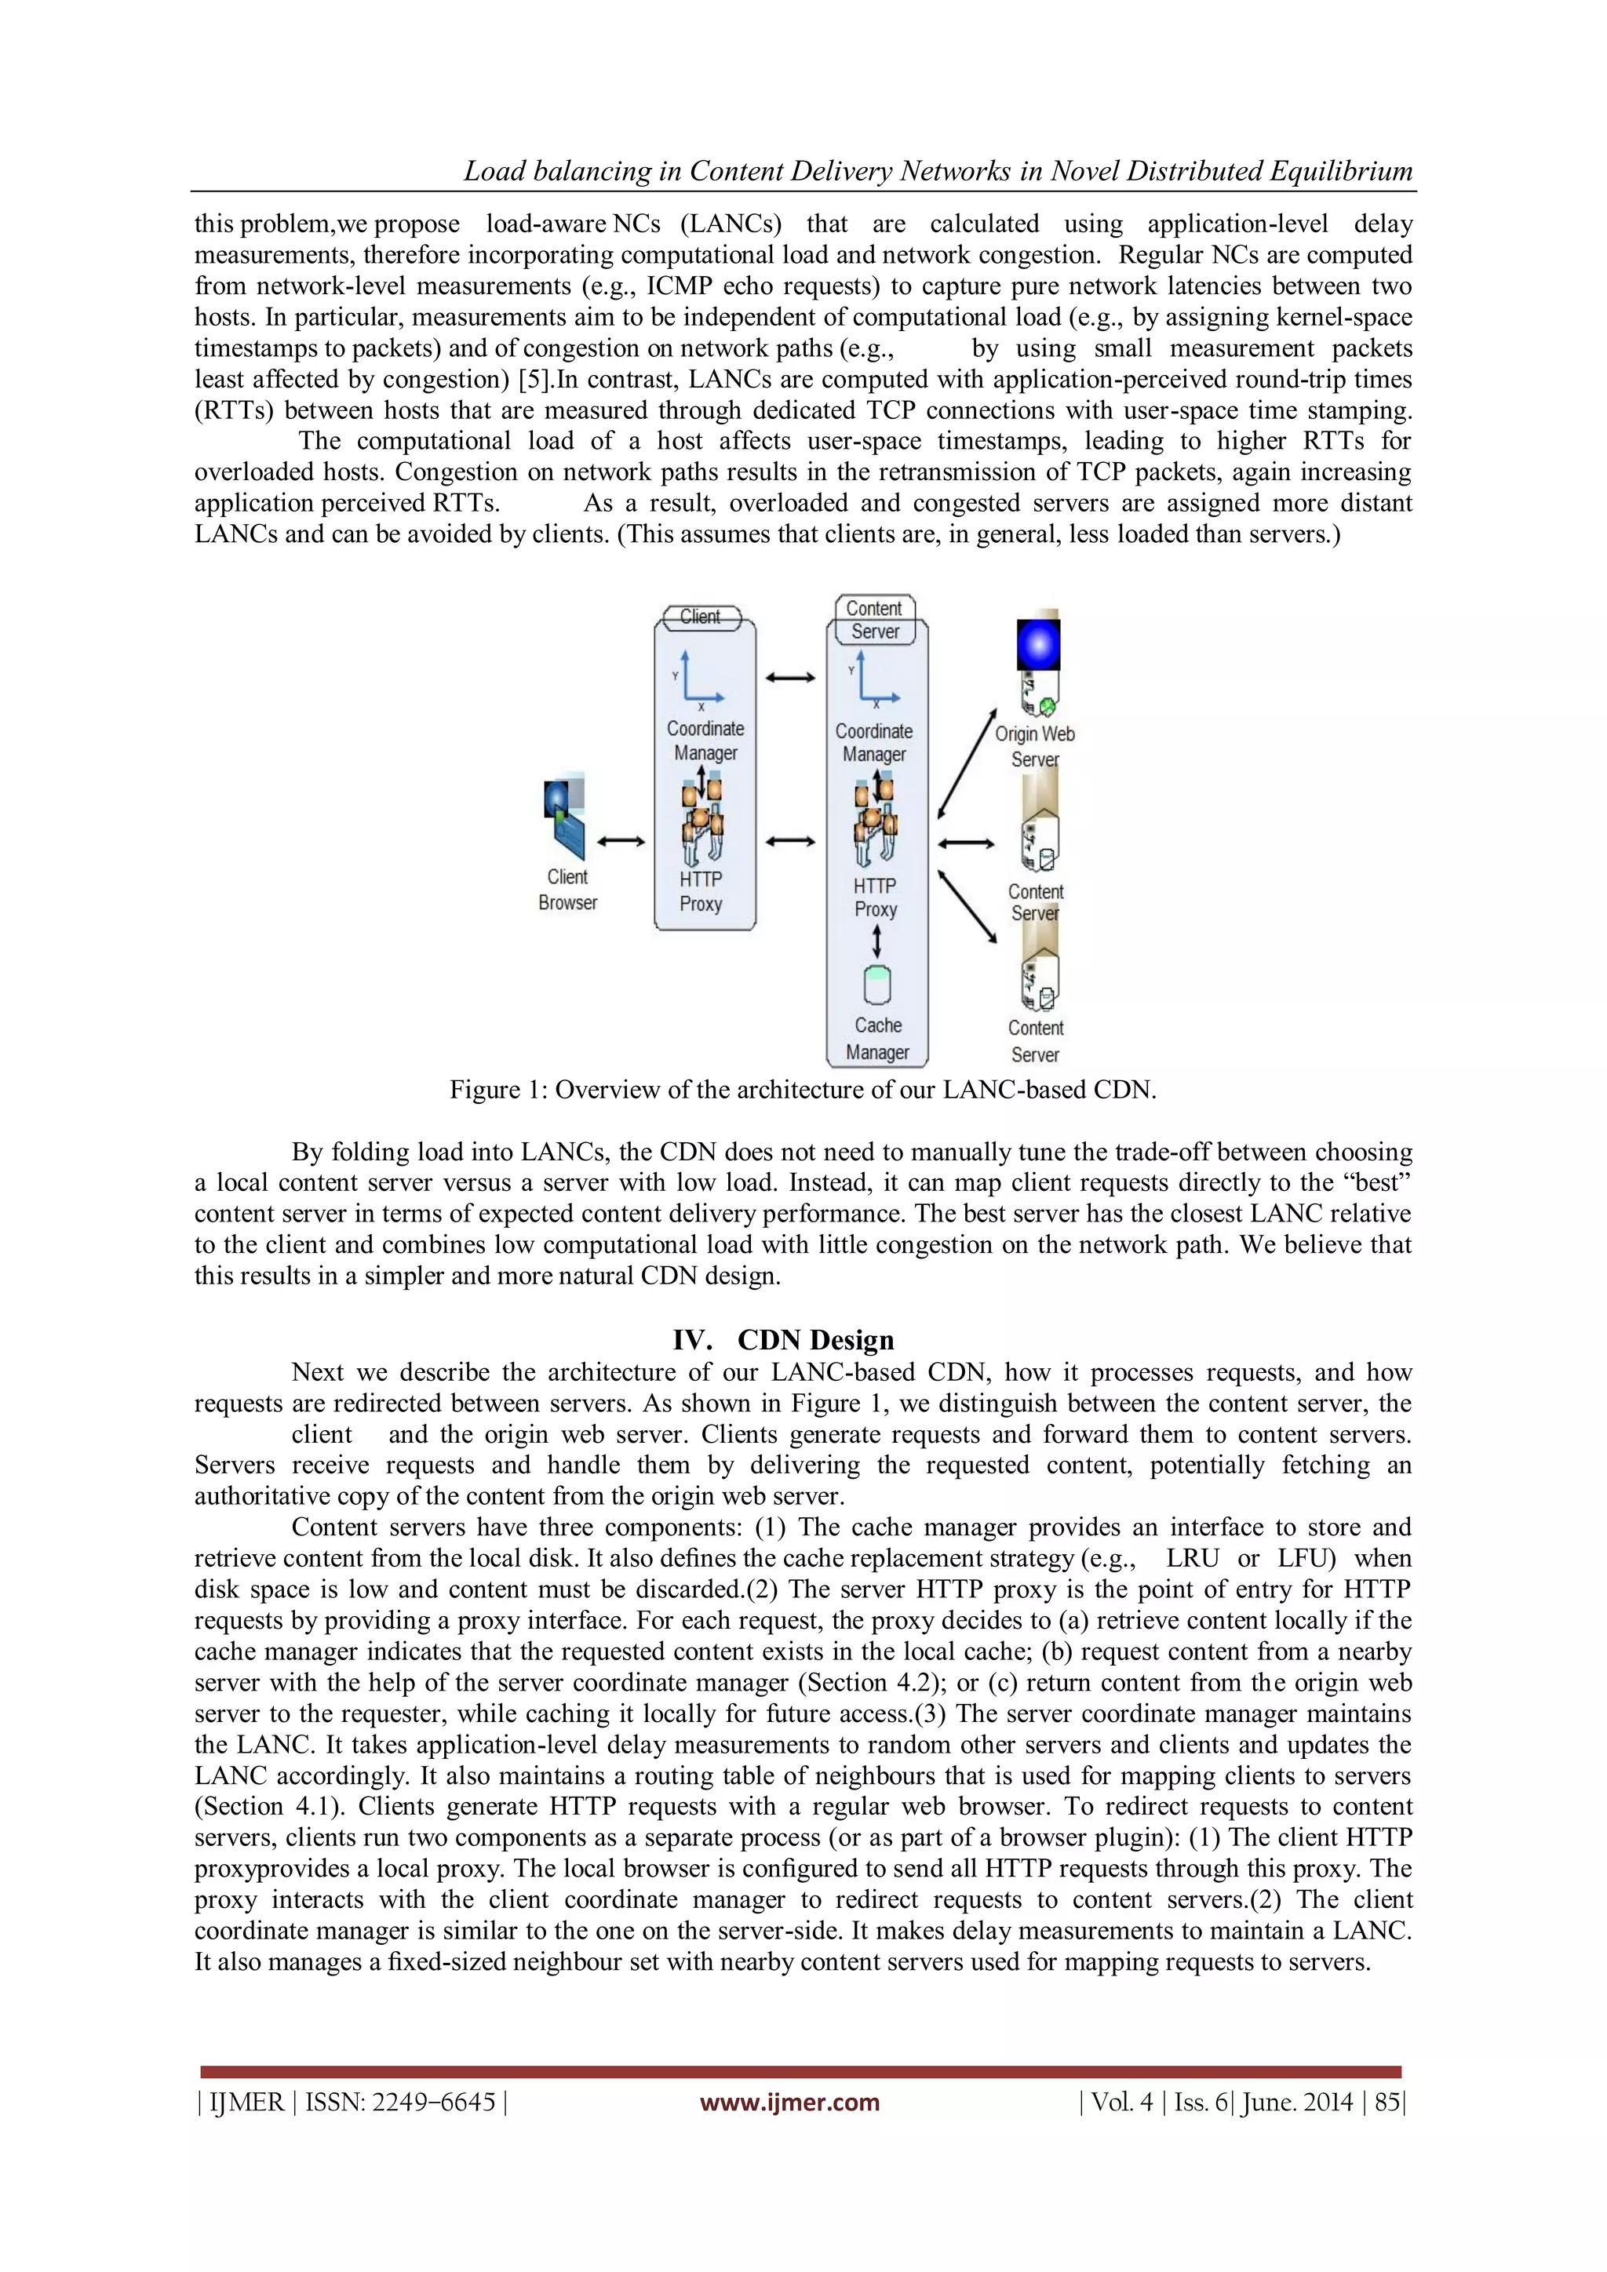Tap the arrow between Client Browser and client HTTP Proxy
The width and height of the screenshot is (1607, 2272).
pos(621,842)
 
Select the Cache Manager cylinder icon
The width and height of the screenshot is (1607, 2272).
pos(876,985)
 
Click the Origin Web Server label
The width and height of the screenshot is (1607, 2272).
pos(1034,746)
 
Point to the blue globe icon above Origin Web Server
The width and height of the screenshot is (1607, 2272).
pos(1038,645)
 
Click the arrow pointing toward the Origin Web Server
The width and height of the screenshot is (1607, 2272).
pos(967,763)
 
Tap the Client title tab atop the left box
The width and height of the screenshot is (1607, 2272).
pos(700,617)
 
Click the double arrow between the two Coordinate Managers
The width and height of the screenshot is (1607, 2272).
pos(789,678)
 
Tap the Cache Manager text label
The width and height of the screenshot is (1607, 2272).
pos(878,1039)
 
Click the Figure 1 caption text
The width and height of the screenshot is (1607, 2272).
pos(803,1090)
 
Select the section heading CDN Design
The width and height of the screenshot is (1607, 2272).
pos(814,1340)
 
